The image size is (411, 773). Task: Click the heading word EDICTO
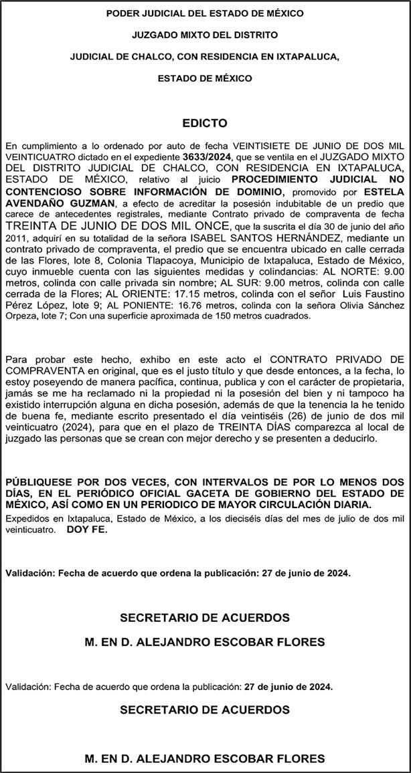point(205,124)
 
